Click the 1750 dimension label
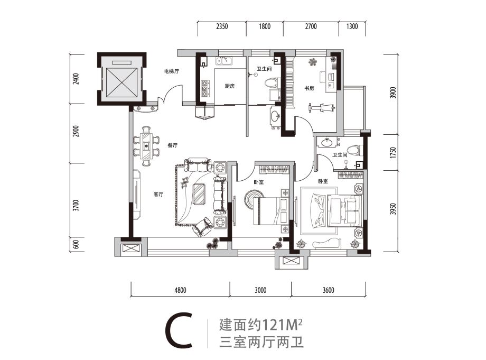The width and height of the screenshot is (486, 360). [391, 153]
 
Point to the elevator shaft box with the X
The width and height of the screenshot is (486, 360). [120, 79]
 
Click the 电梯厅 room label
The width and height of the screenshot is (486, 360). [170, 71]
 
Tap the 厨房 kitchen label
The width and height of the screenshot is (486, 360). [229, 86]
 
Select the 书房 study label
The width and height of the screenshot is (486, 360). [309, 88]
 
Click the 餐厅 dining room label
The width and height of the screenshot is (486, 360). [172, 144]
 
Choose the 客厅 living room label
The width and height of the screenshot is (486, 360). [157, 194]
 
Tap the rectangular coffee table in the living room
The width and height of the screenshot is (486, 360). [200, 193]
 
